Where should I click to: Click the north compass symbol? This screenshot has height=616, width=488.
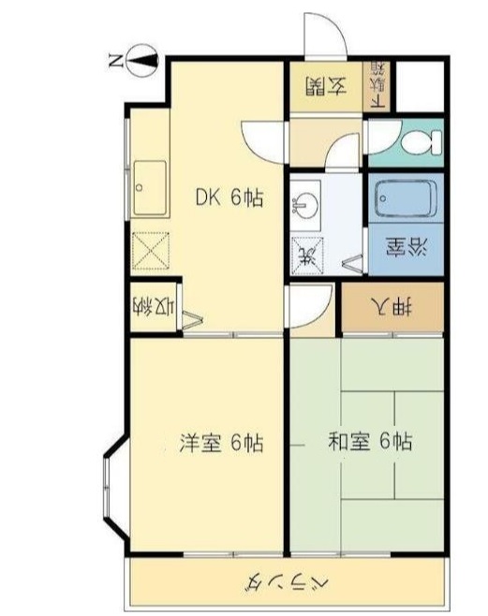click(x=141, y=62)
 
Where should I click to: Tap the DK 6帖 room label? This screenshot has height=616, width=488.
click(x=229, y=198)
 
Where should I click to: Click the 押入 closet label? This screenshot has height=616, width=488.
click(x=392, y=306)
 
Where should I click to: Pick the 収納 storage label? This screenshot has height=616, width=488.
click(x=153, y=305)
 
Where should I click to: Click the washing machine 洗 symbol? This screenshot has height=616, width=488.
click(x=305, y=251)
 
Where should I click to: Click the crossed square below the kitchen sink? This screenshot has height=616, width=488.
click(x=151, y=250)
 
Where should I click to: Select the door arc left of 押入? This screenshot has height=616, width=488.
click(x=309, y=304)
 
